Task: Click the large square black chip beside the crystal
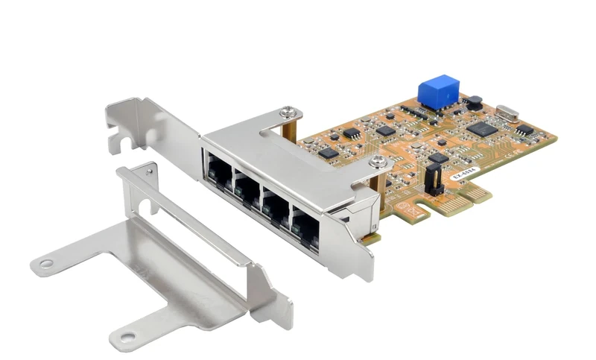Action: point(481,127)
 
